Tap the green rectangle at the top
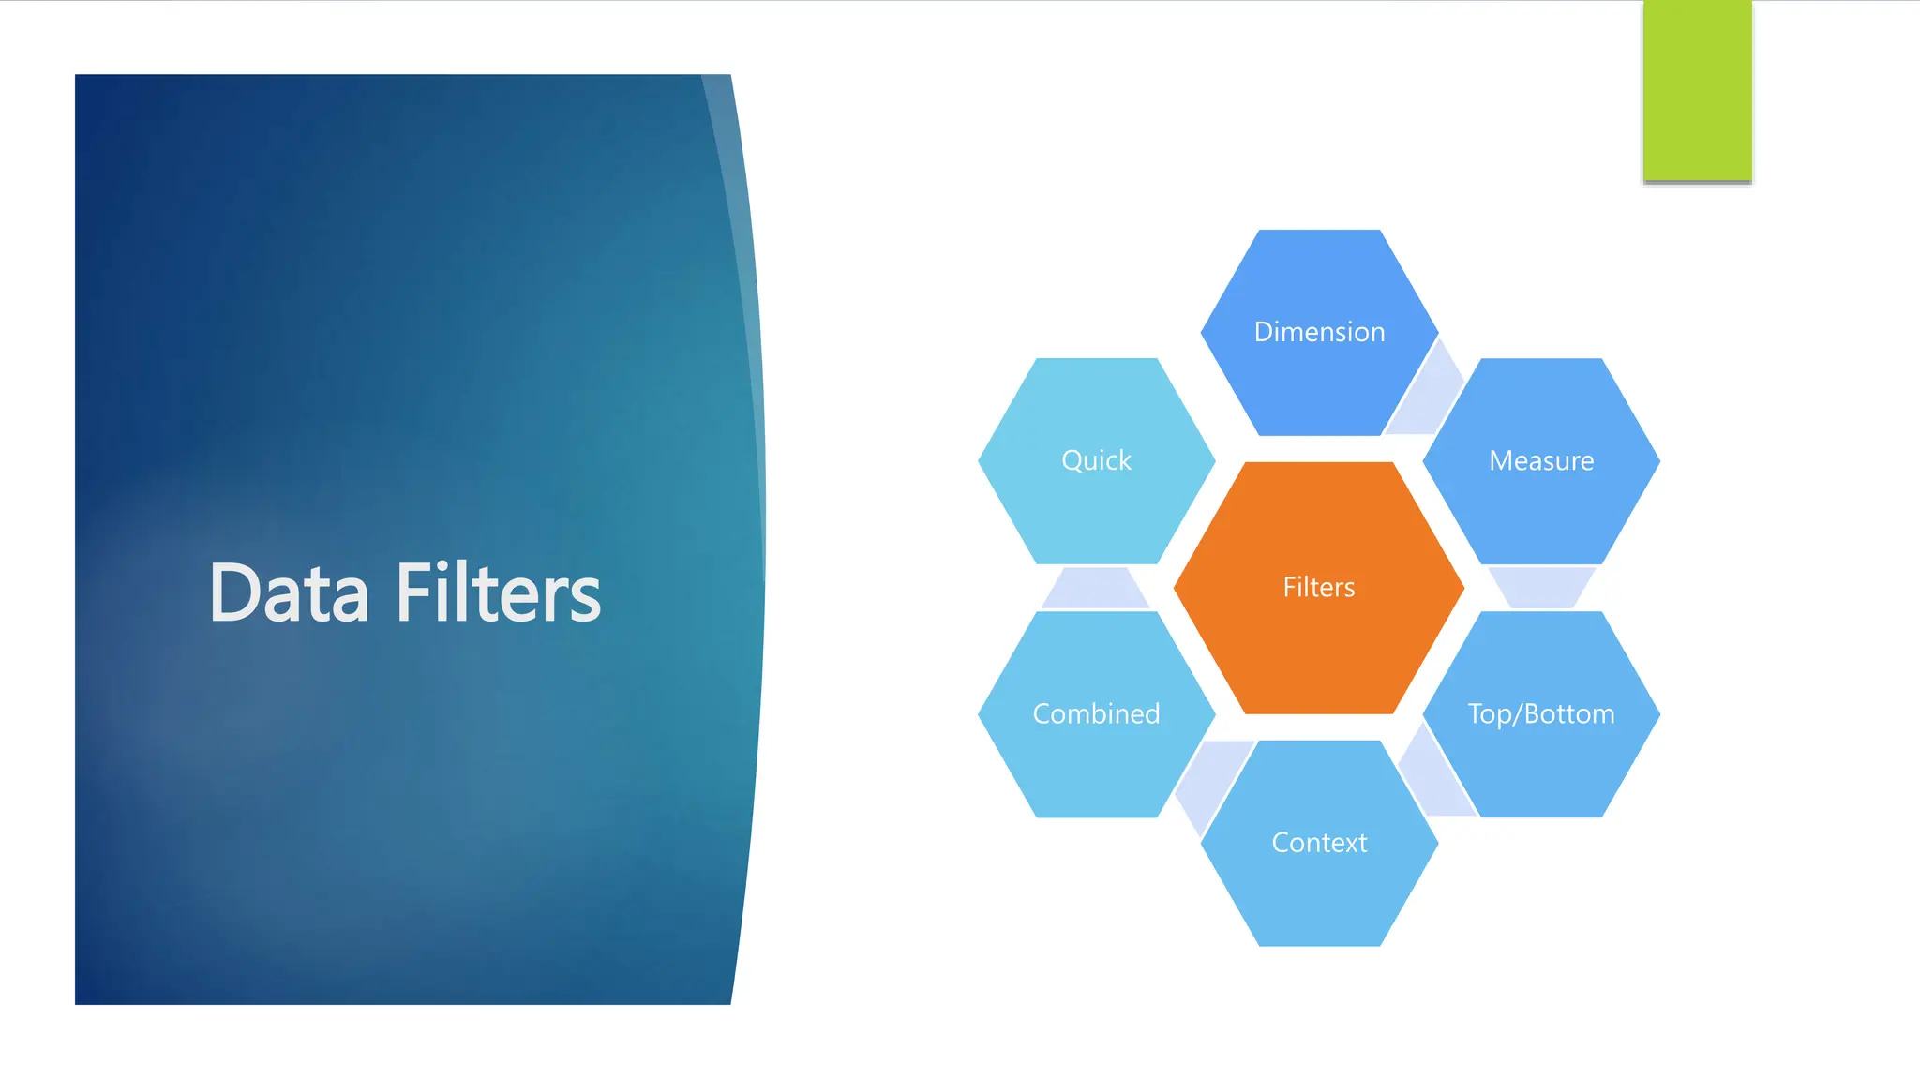point(1697,90)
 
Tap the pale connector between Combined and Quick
point(1095,589)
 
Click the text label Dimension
point(1318,332)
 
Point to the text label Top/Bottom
point(1541,714)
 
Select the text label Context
point(1318,843)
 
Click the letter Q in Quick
point(1073,460)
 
